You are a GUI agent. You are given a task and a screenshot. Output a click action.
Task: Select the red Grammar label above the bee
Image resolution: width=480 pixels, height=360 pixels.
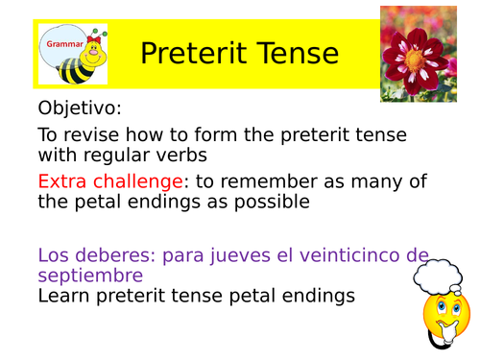(63, 44)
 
